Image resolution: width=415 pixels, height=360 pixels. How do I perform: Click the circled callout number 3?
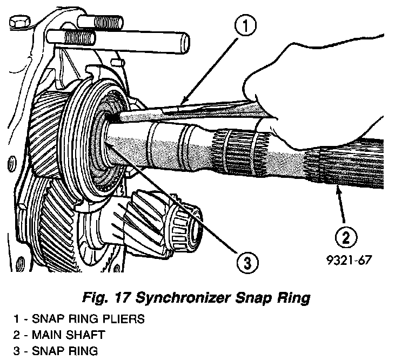click(x=246, y=263)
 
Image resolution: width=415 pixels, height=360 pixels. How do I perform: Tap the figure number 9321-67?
click(x=348, y=261)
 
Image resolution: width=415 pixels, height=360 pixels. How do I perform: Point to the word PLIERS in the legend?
click(x=124, y=319)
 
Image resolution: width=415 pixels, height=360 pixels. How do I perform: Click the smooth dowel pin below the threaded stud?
click(x=119, y=41)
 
